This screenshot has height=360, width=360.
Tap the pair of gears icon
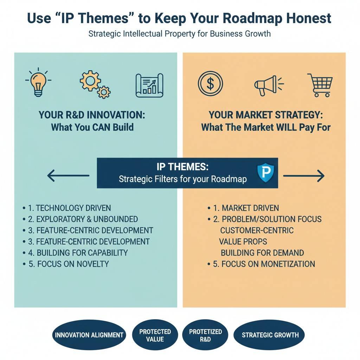pyautogui.click(x=95, y=84)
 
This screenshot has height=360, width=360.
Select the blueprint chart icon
pyautogui.click(x=149, y=85)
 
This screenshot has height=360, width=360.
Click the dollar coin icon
pyautogui.click(x=210, y=83)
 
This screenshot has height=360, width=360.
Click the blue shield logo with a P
pyautogui.click(x=265, y=172)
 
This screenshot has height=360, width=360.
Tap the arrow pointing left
pyautogui.click(x=68, y=176)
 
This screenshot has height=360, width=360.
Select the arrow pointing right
pyautogui.click(x=304, y=176)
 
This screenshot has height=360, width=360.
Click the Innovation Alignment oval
pyautogui.click(x=89, y=335)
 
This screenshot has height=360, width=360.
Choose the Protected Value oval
pyautogui.click(x=155, y=335)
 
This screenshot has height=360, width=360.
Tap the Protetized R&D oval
pyautogui.click(x=205, y=335)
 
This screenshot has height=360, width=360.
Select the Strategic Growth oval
pyautogui.click(x=269, y=335)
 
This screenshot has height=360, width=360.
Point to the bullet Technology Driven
pyautogui.click(x=67, y=208)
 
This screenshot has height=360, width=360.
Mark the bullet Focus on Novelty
pyautogui.click(x=66, y=264)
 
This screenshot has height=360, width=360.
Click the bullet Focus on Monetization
pyautogui.click(x=261, y=264)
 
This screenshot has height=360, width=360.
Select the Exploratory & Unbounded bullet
pyautogui.click(x=80, y=219)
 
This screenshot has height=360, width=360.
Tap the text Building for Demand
pyautogui.click(x=262, y=253)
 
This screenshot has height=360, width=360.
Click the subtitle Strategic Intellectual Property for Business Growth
pyautogui.click(x=180, y=34)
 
